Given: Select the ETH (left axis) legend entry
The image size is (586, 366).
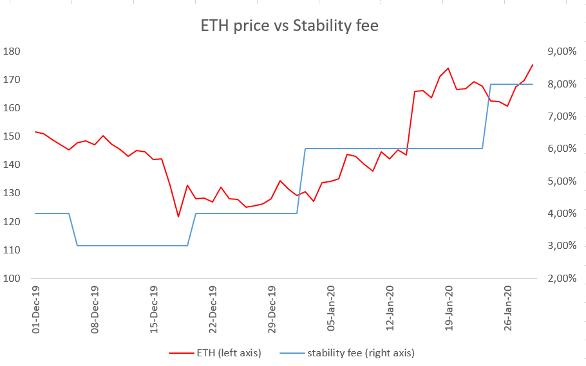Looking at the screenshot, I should coord(215,352).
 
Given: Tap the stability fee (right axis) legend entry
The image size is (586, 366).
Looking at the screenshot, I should coord(348,352).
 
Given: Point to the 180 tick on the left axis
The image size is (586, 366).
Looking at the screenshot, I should coord(12,51).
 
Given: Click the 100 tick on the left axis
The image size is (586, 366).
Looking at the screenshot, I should coord(12,279).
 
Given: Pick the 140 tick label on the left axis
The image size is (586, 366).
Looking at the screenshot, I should coord(12,165).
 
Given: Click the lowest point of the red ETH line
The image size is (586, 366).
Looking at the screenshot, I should coord(178,217).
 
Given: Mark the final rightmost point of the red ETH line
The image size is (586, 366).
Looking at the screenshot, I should coord(533,64).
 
